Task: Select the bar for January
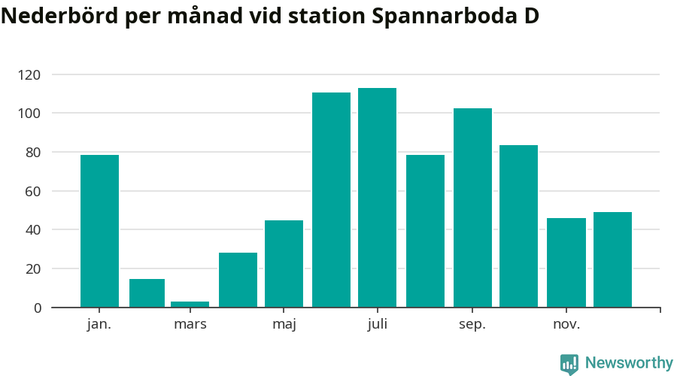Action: click(99, 231)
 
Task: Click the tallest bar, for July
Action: click(377, 197)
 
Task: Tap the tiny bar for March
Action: click(190, 304)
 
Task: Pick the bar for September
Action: click(472, 208)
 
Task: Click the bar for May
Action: click(284, 263)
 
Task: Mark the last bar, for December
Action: click(612, 259)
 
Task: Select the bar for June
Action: click(331, 199)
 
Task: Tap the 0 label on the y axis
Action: click(37, 308)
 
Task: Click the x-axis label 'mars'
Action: click(190, 325)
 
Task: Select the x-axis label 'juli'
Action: click(378, 325)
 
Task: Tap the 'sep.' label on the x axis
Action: click(472, 325)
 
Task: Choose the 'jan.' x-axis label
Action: click(99, 325)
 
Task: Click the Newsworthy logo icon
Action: click(569, 364)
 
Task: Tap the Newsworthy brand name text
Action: click(629, 363)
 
